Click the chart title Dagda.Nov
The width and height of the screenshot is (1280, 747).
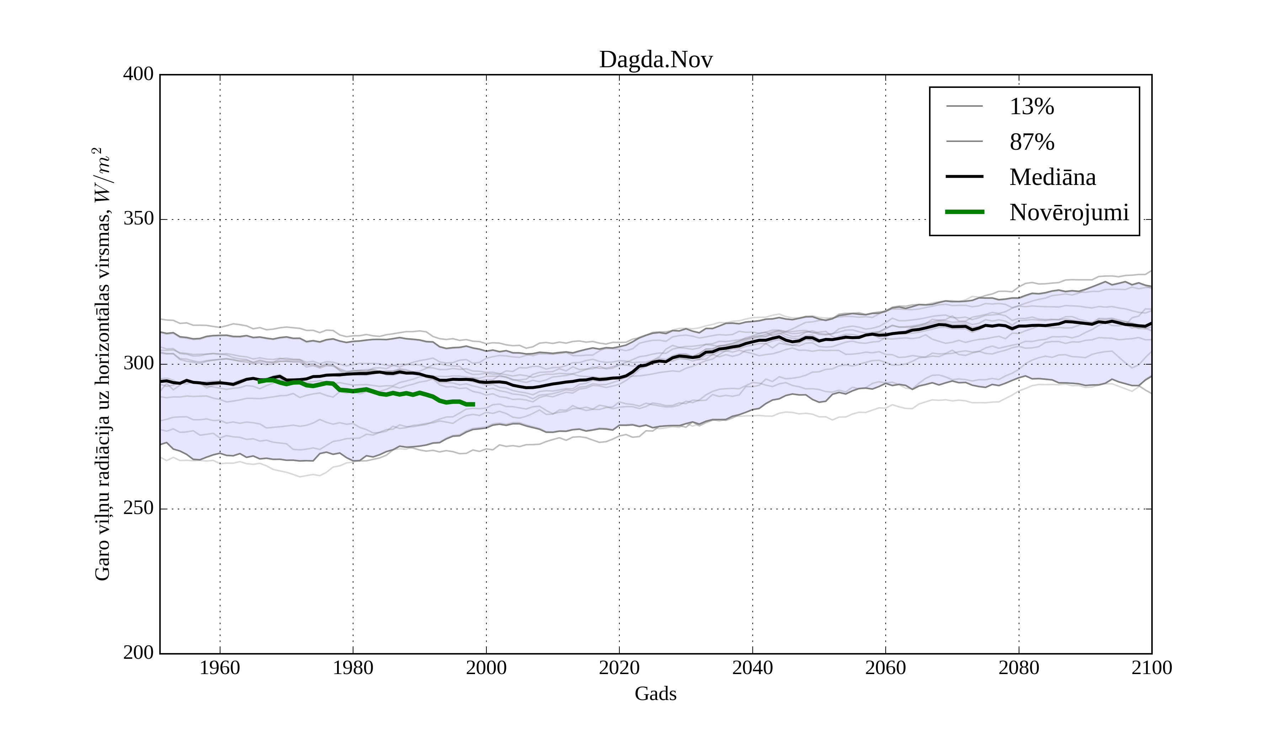[656, 60]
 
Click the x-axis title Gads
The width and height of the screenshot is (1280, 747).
[655, 694]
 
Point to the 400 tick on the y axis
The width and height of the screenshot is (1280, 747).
[138, 74]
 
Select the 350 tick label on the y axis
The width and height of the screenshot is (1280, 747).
[138, 219]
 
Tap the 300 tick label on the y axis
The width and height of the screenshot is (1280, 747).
[138, 364]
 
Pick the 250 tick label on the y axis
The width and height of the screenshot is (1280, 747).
[138, 508]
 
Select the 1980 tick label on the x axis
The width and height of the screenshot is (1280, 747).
[353, 668]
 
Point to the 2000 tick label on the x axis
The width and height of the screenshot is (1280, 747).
[486, 668]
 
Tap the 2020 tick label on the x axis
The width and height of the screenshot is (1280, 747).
[619, 668]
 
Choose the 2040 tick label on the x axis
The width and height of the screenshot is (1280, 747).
[752, 668]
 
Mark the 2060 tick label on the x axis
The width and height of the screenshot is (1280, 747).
[885, 668]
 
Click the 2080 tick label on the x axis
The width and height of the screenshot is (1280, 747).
[1018, 668]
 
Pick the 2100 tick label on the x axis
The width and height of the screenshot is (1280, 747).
[1152, 668]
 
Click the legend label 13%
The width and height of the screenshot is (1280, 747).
[1031, 107]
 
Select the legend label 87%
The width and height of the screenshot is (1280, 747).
[1031, 142]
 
